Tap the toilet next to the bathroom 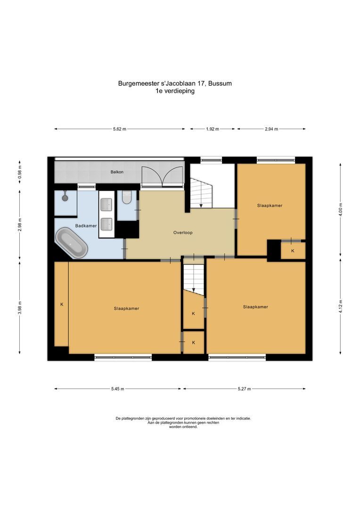(x=126, y=197)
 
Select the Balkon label (x=117, y=172)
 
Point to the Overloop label (x=183, y=232)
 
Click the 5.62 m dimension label (x=120, y=129)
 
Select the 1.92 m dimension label (x=213, y=129)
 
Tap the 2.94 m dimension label (x=271, y=129)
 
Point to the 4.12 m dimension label (x=340, y=306)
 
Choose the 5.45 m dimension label (x=118, y=389)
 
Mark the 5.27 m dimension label (x=244, y=389)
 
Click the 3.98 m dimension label (x=20, y=307)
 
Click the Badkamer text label (x=86, y=226)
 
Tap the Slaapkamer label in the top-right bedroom (x=270, y=205)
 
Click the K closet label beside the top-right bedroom (x=293, y=251)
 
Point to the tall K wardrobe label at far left (x=61, y=304)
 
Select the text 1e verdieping (x=175, y=91)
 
